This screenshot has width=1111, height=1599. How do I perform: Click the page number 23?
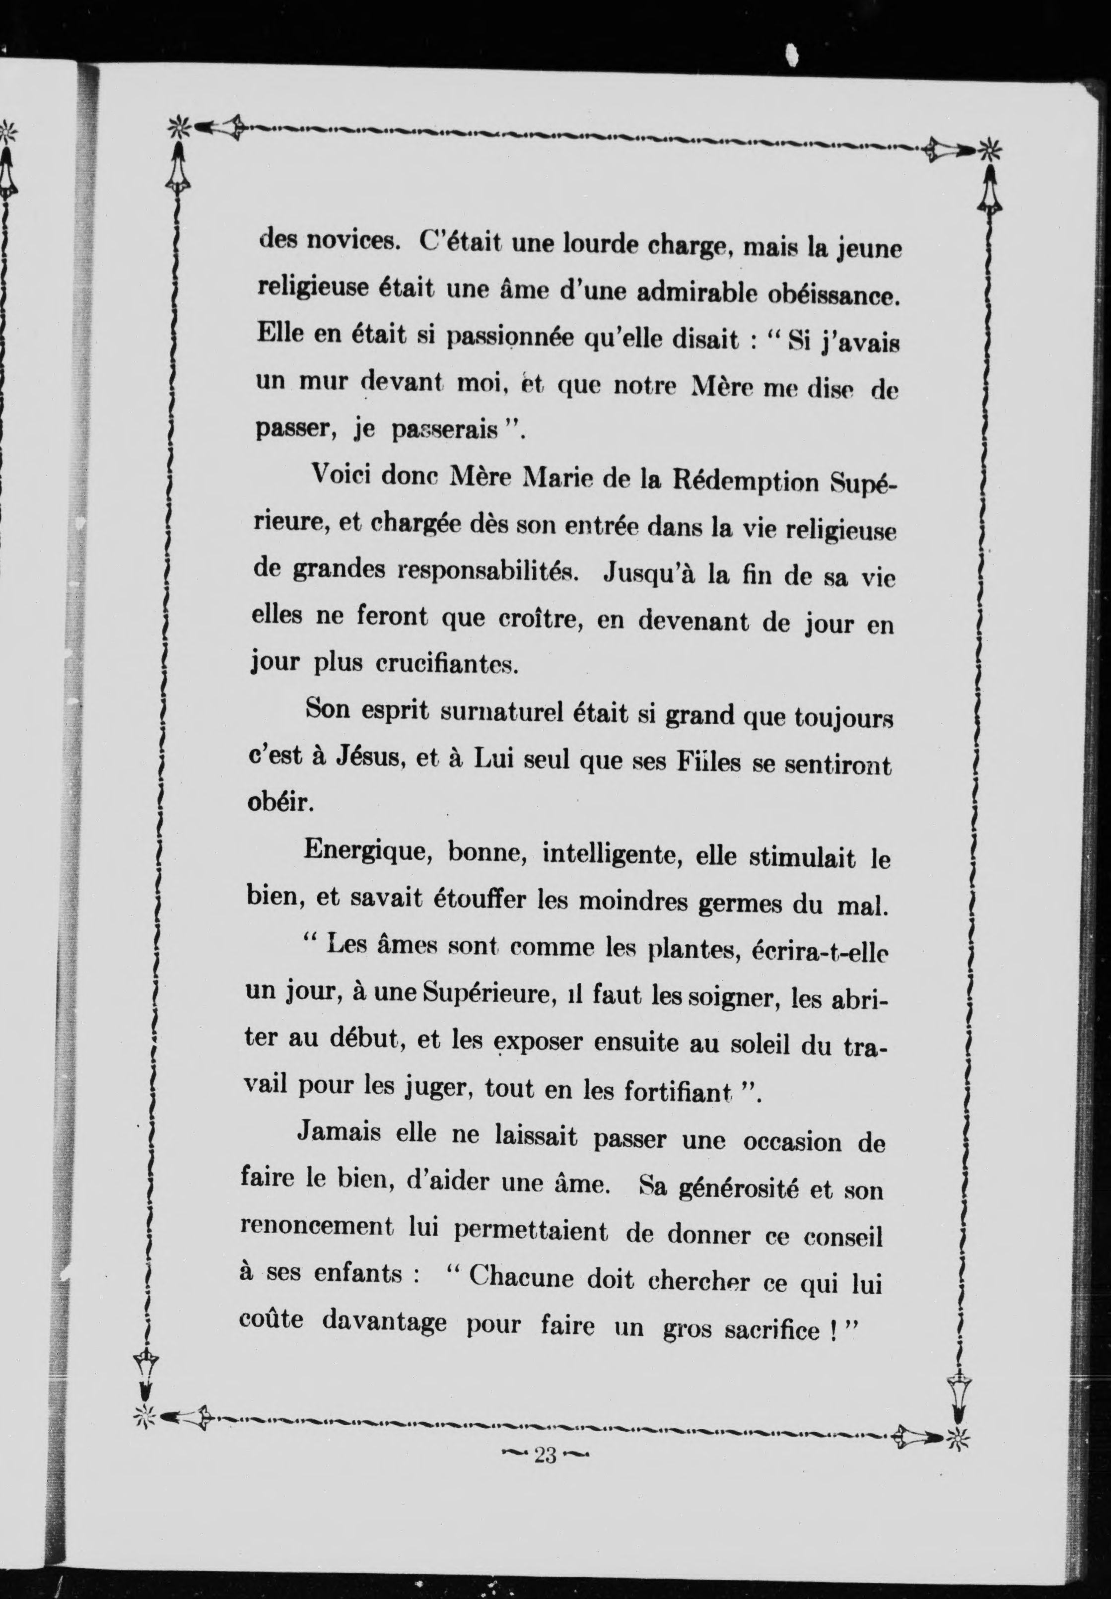545,1456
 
